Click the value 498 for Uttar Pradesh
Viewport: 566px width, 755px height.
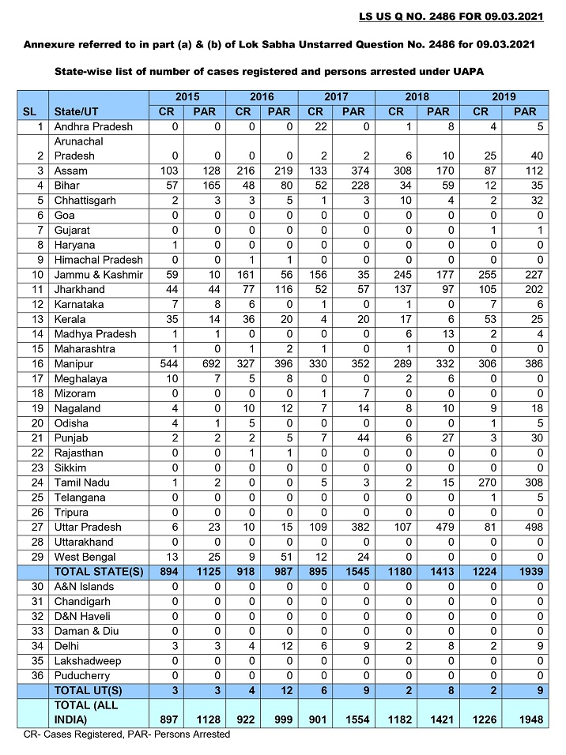click(525, 527)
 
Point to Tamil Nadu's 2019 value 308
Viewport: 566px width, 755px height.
click(525, 483)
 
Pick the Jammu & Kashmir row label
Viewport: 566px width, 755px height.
click(98, 275)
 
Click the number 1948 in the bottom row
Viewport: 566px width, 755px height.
click(525, 719)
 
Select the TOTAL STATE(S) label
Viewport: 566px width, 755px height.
click(98, 572)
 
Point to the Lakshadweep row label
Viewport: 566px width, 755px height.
click(88, 660)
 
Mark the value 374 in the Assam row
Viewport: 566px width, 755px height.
click(353, 171)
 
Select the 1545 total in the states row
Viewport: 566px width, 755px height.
click(353, 572)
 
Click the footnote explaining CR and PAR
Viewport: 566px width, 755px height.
click(127, 734)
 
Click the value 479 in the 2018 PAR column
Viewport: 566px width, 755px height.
click(438, 527)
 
